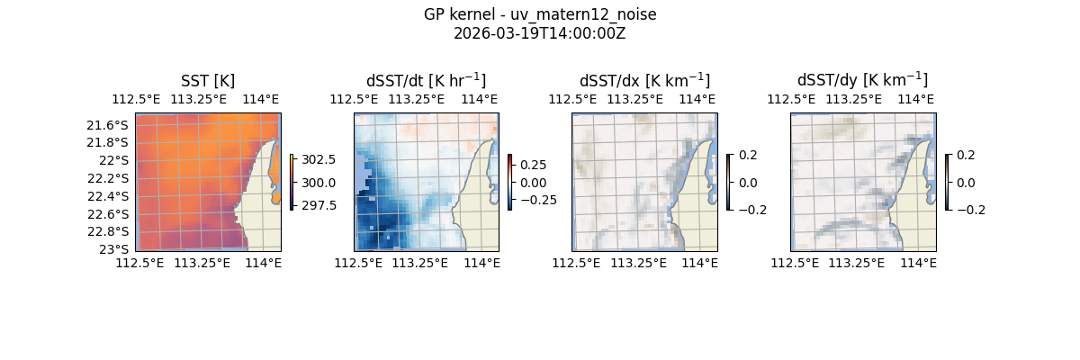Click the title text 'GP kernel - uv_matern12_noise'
(540, 14)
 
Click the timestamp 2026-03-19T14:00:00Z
(540, 33)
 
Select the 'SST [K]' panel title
(208, 81)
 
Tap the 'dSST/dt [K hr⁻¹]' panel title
(426, 81)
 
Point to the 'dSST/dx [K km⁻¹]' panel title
(644, 81)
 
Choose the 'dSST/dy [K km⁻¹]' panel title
(862, 81)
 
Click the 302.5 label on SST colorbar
(319, 159)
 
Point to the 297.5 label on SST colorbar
(319, 205)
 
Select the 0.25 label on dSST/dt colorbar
(532, 166)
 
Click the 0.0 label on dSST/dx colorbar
(749, 183)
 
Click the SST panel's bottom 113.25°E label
(202, 263)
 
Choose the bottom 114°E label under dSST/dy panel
(918, 263)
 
